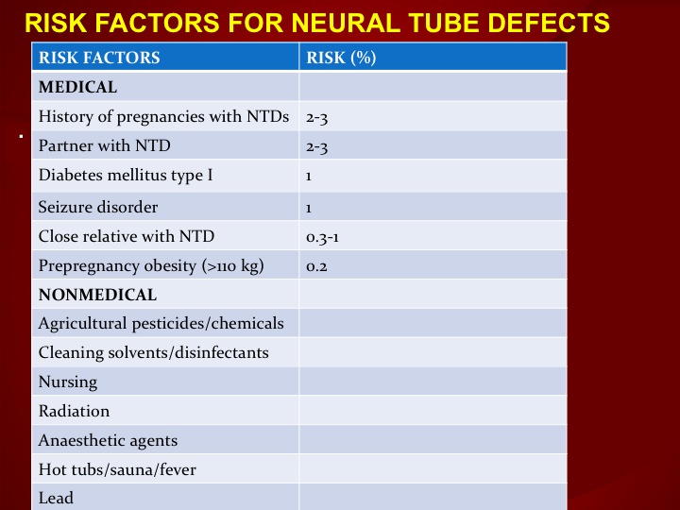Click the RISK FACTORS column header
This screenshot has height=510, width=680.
pyautogui.click(x=99, y=58)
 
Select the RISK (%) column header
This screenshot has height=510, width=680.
pyautogui.click(x=341, y=58)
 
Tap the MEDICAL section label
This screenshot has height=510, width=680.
pyautogui.click(x=77, y=87)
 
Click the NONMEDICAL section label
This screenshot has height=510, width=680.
pyautogui.click(x=97, y=295)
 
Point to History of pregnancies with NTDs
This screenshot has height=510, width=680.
pyautogui.click(x=163, y=117)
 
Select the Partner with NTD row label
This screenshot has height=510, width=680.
pyautogui.click(x=104, y=145)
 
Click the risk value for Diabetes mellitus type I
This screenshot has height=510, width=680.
pyautogui.click(x=309, y=177)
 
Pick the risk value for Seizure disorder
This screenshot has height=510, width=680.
pyautogui.click(x=309, y=208)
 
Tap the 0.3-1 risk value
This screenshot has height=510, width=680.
pyautogui.click(x=322, y=237)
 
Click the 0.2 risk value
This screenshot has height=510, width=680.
pyautogui.click(x=316, y=266)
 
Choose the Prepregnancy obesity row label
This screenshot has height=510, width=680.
pyautogui.click(x=151, y=265)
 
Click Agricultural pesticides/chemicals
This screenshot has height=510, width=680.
pyautogui.click(x=161, y=324)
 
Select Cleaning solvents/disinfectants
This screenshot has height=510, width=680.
pyautogui.click(x=154, y=352)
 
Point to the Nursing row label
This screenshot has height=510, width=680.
pyautogui.click(x=68, y=382)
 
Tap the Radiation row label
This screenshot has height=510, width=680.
pyautogui.click(x=74, y=411)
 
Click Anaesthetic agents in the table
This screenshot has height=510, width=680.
pyautogui.click(x=108, y=441)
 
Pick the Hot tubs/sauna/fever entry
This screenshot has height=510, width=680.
pyautogui.click(x=117, y=469)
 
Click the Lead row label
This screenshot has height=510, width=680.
pyautogui.click(x=56, y=498)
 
